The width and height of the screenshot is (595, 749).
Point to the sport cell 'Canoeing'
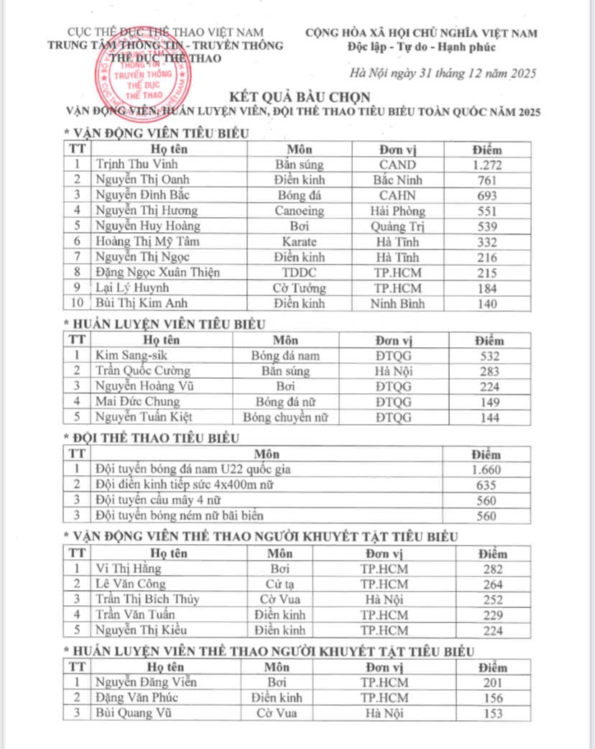coord(300,211)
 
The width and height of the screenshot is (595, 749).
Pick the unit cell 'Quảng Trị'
coord(398,226)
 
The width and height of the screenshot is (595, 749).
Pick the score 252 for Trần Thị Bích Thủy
coord(493,599)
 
